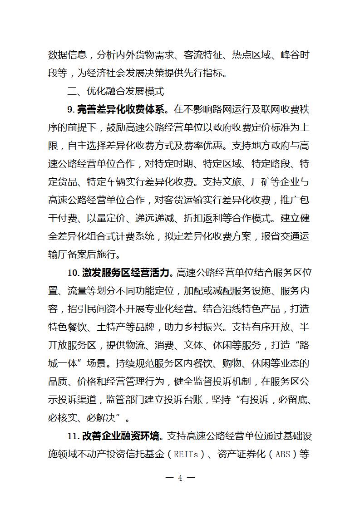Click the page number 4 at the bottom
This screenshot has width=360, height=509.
(180, 478)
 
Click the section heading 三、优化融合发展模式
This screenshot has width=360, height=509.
(115, 91)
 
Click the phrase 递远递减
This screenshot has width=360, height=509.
(173, 218)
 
